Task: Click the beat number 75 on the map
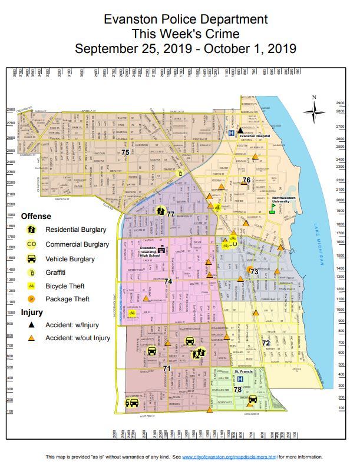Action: click(125, 153)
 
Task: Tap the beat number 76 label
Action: click(246, 180)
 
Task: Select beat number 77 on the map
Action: click(170, 214)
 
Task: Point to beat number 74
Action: click(168, 281)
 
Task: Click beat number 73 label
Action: click(254, 271)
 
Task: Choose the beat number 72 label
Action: click(266, 343)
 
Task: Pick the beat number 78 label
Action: click(237, 390)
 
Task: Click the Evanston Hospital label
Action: click(254, 136)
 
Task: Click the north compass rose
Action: click(317, 109)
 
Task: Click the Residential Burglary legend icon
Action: click(31, 230)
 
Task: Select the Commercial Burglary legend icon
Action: click(31, 244)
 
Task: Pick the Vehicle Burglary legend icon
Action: click(31, 258)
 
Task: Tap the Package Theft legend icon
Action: click(31, 299)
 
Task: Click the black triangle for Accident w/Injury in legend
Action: click(31, 324)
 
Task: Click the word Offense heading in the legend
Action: click(36, 217)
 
